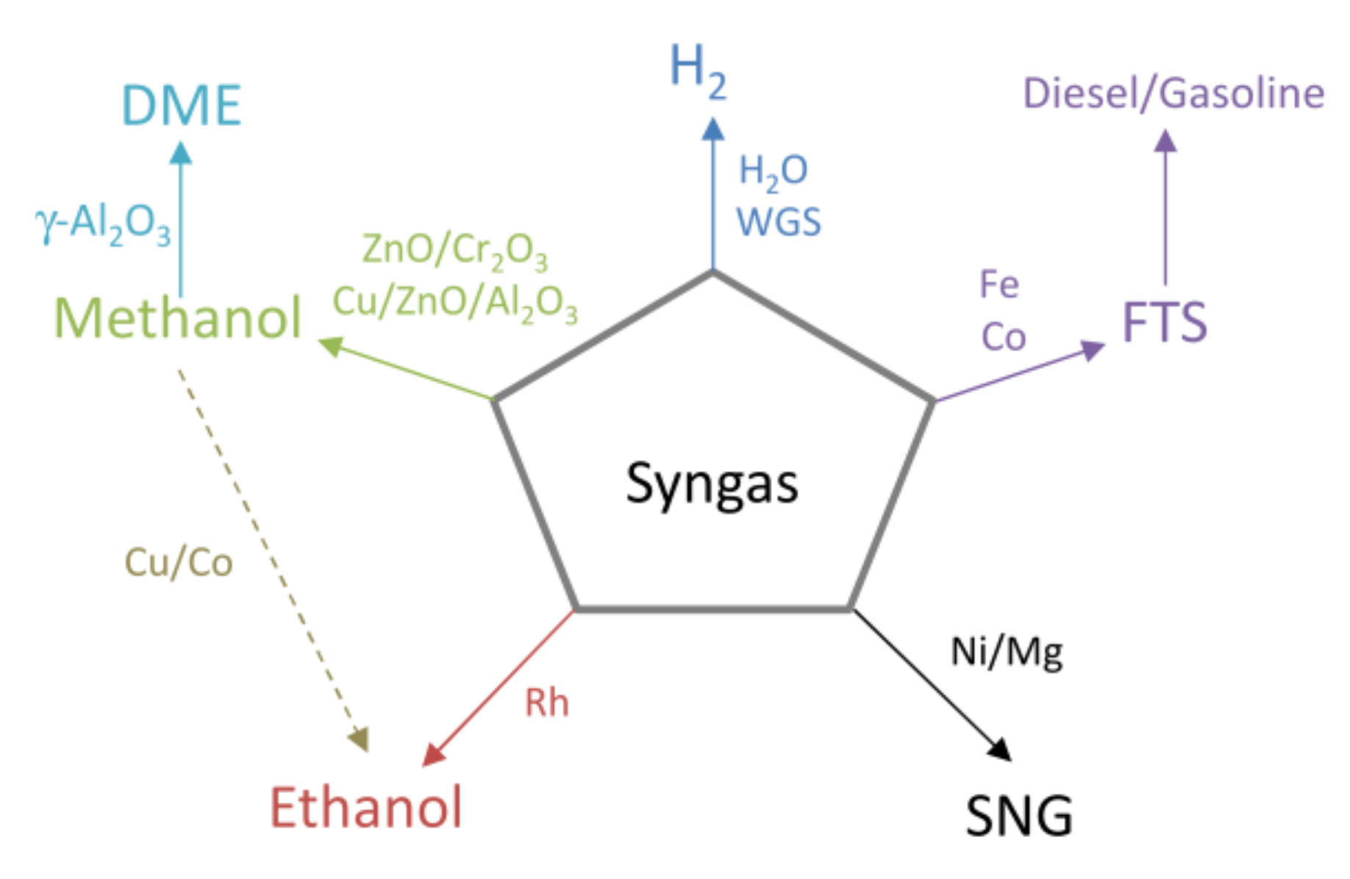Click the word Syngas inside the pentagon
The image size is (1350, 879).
tap(712, 484)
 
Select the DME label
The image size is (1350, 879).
tap(181, 106)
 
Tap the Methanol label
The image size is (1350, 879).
tap(178, 319)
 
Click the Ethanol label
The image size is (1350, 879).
tap(366, 808)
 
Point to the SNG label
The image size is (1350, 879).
tap(1018, 816)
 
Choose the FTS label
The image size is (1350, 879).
tap(1164, 323)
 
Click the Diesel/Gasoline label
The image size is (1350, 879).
tap(1174, 94)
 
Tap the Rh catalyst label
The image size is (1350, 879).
tap(546, 703)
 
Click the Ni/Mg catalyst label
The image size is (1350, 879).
tap(1007, 652)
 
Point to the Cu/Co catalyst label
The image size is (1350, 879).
tap(179, 563)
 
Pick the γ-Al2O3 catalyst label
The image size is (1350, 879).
tap(103, 223)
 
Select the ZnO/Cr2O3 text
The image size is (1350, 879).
tap(454, 250)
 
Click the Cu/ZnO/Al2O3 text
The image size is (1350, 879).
tap(454, 302)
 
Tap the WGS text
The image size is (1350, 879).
tap(779, 222)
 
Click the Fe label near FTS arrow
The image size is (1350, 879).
tap(999, 284)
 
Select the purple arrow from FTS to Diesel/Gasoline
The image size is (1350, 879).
tap(1165, 209)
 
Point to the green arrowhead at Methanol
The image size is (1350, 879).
tap(331, 345)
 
